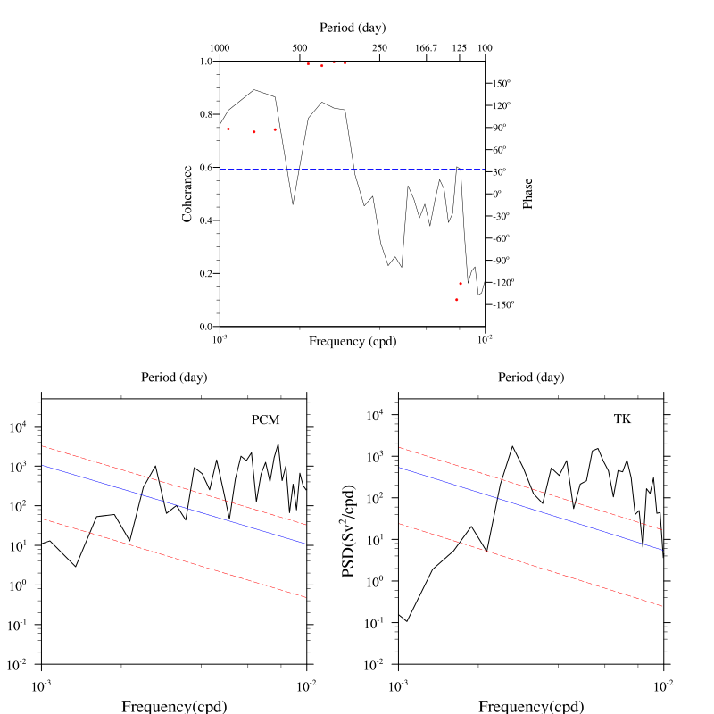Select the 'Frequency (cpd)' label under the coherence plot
(x=353, y=341)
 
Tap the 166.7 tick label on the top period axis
(x=427, y=47)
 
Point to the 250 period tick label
(x=379, y=47)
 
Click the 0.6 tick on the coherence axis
(x=207, y=168)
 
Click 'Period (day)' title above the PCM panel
(x=174, y=378)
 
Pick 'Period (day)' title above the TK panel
(x=531, y=378)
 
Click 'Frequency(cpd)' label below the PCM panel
(x=174, y=707)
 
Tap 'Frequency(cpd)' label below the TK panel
(x=531, y=707)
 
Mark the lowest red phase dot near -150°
(x=456, y=300)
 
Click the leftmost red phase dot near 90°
(x=228, y=129)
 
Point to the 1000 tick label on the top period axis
(x=220, y=47)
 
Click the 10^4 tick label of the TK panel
(x=375, y=415)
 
